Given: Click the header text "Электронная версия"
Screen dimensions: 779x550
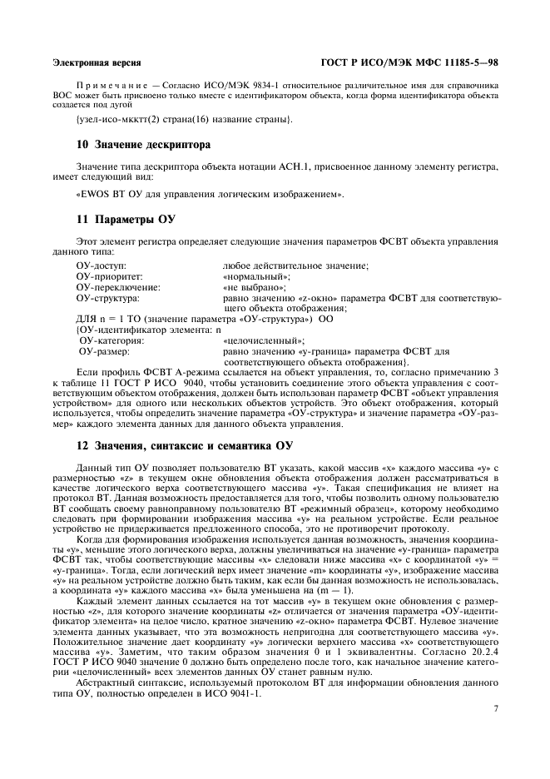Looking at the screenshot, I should coord(97,62).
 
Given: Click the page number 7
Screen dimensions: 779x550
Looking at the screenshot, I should coord(496,708).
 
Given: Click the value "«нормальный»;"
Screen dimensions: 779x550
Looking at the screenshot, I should coord(256,275).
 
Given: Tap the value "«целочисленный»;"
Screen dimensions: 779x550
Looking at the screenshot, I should coord(264,340).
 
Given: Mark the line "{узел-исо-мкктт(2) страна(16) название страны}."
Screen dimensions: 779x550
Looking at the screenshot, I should coord(184,120).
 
